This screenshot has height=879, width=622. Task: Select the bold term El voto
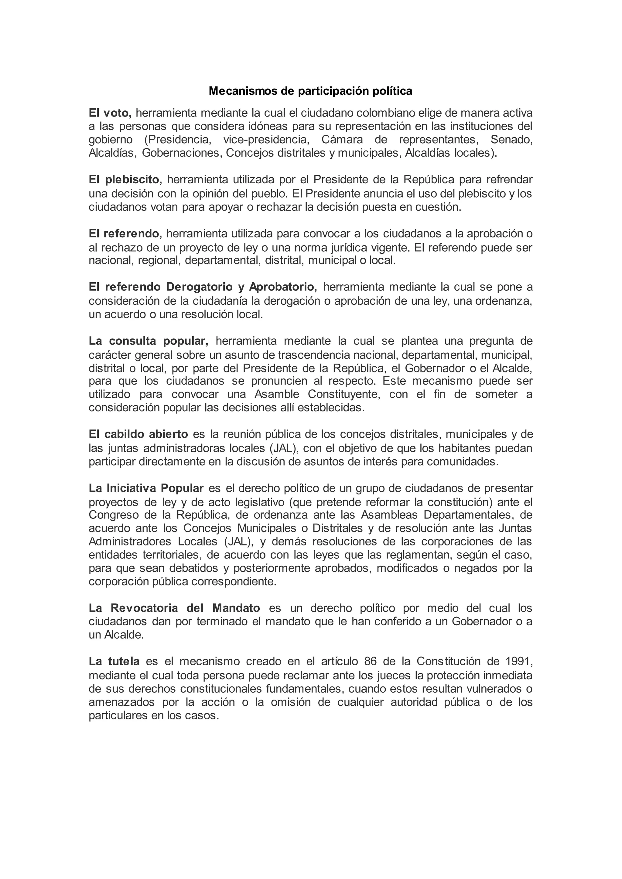[110, 113]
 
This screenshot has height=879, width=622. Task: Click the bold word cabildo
[123, 434]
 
